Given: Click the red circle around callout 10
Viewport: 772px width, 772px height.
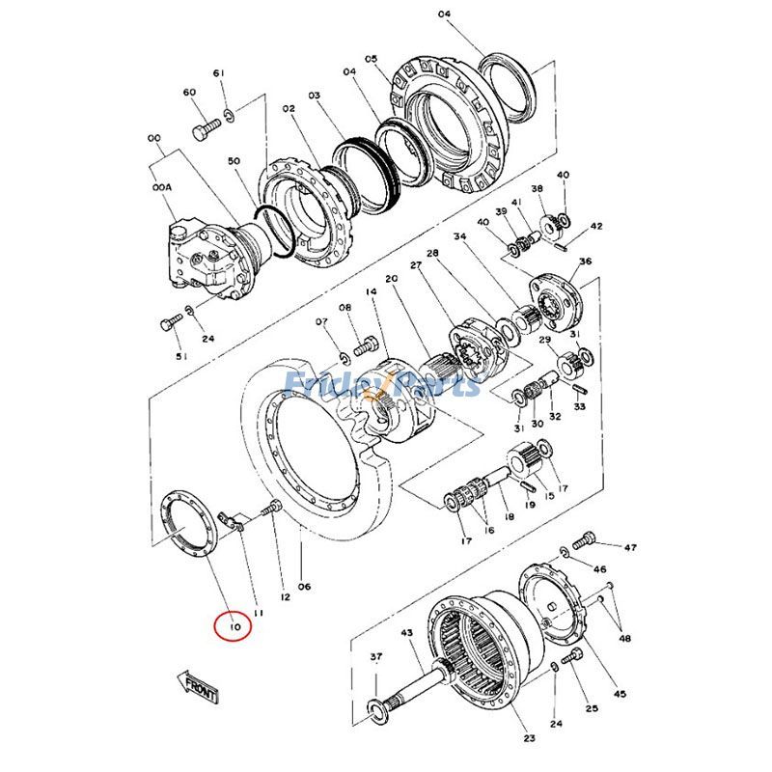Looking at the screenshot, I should [232, 626].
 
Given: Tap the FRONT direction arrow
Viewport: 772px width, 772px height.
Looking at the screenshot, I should [198, 685].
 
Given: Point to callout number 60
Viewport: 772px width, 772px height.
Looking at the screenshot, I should [189, 93].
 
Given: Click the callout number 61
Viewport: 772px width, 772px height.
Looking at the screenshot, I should [219, 73].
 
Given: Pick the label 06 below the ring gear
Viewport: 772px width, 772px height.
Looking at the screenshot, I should [305, 586].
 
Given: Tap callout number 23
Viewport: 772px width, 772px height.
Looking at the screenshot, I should [529, 738].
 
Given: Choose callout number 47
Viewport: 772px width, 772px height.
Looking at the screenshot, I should [630, 547].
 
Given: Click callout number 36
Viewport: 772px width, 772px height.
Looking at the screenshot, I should [586, 262].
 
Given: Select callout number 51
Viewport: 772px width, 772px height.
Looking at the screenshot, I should [180, 356].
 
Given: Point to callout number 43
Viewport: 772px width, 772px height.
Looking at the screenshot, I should [406, 633].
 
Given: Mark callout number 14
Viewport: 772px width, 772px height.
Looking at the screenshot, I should [372, 291].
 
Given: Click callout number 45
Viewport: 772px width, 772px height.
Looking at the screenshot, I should [620, 693].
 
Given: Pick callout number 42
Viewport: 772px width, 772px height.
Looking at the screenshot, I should [596, 226].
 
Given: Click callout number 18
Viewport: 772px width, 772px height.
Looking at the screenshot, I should [509, 517].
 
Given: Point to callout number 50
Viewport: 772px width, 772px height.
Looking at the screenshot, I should [234, 161].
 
